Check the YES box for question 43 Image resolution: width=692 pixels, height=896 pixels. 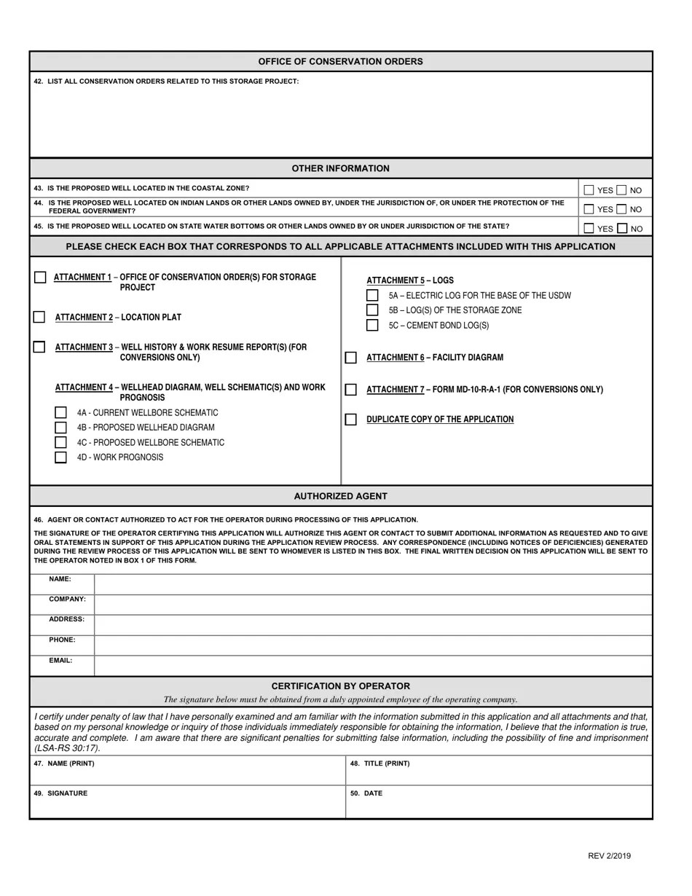coord(589,190)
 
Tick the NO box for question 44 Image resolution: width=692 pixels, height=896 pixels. coord(621,209)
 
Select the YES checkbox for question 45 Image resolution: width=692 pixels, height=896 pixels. coord(589,228)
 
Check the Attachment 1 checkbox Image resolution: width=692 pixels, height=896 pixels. coord(40,278)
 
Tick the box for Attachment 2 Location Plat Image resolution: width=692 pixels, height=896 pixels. coord(39,317)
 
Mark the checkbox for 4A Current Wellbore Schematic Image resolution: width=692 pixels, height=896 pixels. coord(61,413)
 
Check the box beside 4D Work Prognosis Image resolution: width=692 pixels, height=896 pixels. coord(61,457)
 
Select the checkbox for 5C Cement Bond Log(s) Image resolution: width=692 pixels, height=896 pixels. coord(372,326)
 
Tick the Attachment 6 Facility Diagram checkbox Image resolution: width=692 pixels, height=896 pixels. coord(351,358)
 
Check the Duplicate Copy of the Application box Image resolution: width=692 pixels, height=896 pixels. coord(351,420)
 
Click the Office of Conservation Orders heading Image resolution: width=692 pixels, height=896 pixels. coord(340,61)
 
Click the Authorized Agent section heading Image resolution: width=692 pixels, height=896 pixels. coord(340,496)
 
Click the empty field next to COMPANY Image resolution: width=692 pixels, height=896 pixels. coord(373,605)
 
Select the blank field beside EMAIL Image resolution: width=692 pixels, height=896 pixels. coord(373,666)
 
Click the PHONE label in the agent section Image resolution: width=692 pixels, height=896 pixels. coord(62,640)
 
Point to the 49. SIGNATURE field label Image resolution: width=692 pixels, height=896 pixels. coord(60,793)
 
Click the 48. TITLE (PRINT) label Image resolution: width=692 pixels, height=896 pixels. coord(380,763)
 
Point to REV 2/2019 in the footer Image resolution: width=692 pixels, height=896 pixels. coord(609,856)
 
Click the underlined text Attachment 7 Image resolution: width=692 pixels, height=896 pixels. coord(395,390)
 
